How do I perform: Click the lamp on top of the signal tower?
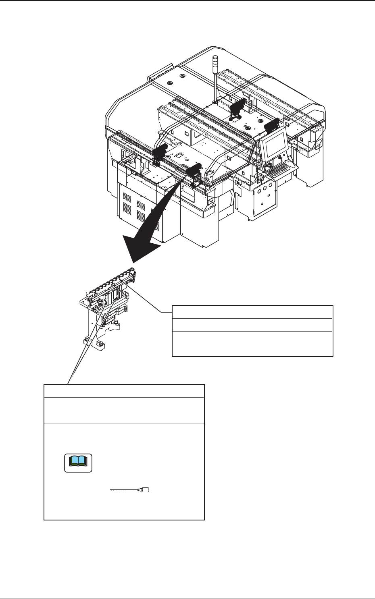(x=215, y=60)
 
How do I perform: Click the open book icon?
(x=79, y=463)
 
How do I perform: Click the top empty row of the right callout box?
(x=252, y=312)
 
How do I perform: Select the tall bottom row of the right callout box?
(x=252, y=344)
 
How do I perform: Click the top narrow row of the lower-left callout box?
(x=124, y=391)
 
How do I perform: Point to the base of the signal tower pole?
(x=215, y=102)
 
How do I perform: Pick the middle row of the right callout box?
(x=252, y=325)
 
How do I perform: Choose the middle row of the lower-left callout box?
(x=124, y=410)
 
